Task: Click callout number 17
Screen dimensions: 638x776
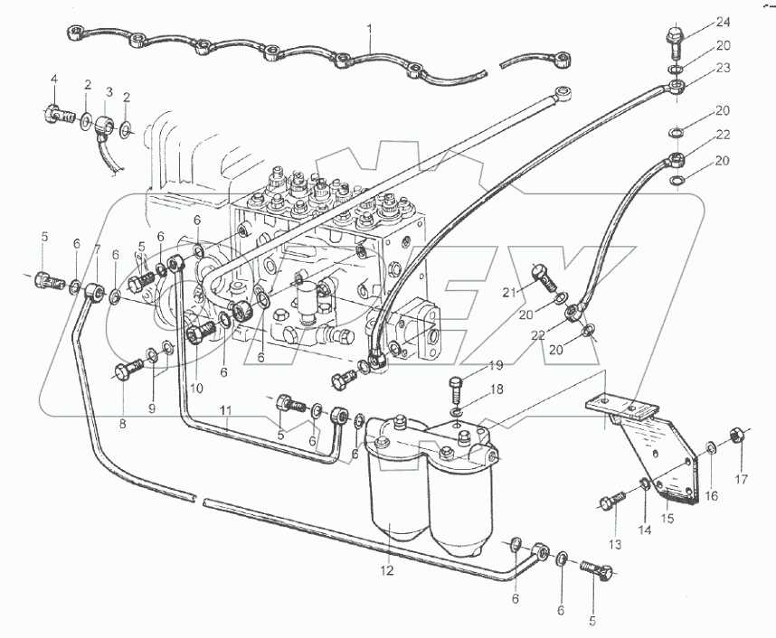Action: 742,479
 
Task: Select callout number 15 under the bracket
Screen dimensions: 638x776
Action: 669,518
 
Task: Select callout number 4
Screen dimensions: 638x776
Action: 53,80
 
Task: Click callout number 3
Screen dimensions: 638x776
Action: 109,92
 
